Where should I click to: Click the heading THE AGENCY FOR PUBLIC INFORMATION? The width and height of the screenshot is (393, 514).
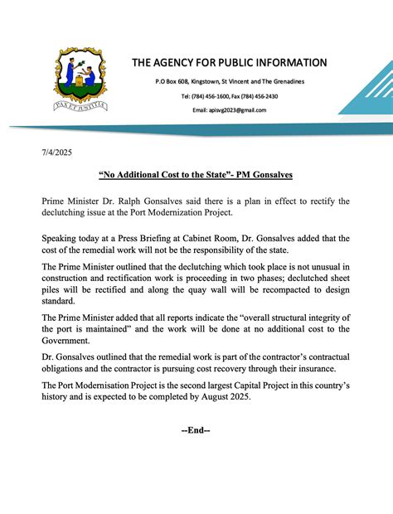(229, 63)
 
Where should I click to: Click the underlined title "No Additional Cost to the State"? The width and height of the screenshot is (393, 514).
(195, 176)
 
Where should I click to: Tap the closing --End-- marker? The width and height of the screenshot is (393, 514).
(196, 430)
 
